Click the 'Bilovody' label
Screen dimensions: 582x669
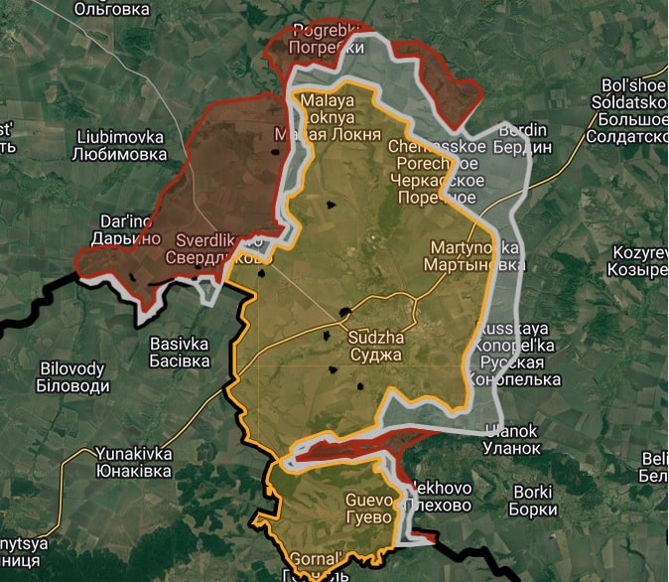click(x=71, y=368)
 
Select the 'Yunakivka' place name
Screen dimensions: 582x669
click(x=134, y=454)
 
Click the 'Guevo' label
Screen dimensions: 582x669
click(x=369, y=500)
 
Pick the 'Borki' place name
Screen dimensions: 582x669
click(x=536, y=493)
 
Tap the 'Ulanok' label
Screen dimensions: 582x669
click(x=511, y=430)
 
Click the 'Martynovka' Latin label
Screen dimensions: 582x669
click(x=474, y=248)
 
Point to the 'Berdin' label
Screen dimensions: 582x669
click(x=524, y=130)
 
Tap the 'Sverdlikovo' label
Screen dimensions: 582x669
click(x=218, y=240)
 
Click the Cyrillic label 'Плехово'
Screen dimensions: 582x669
click(x=438, y=506)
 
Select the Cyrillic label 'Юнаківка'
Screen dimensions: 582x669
click(x=134, y=470)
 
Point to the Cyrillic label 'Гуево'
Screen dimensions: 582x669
click(x=369, y=515)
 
